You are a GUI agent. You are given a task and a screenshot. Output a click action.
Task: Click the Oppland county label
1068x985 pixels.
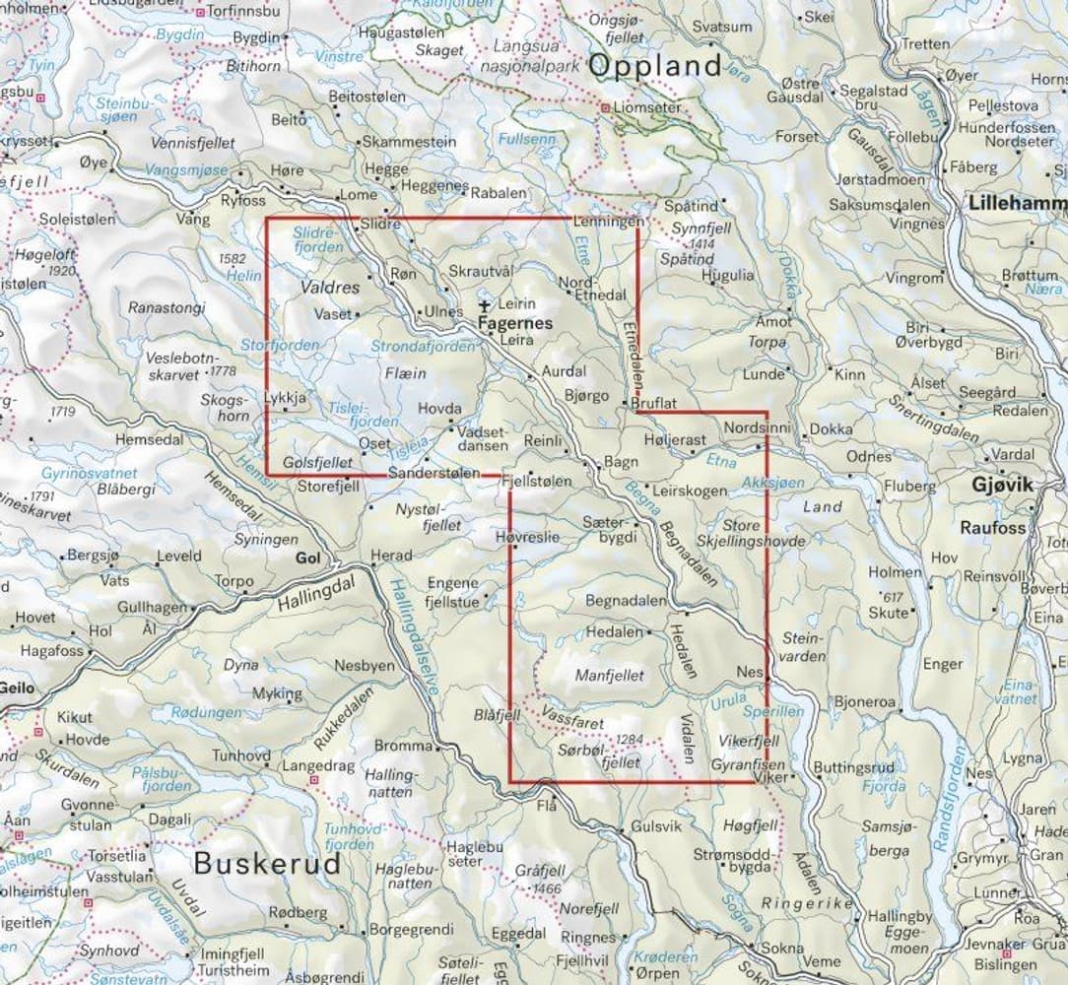click(655, 67)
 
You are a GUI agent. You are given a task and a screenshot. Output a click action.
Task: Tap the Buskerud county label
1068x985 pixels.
click(267, 864)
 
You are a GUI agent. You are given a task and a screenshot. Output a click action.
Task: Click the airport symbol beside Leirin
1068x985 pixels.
click(483, 306)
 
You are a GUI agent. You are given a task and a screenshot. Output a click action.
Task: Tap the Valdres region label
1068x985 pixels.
click(330, 289)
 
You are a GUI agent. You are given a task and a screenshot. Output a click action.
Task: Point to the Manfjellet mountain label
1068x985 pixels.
click(609, 677)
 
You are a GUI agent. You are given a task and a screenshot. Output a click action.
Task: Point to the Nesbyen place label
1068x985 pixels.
click(365, 665)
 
